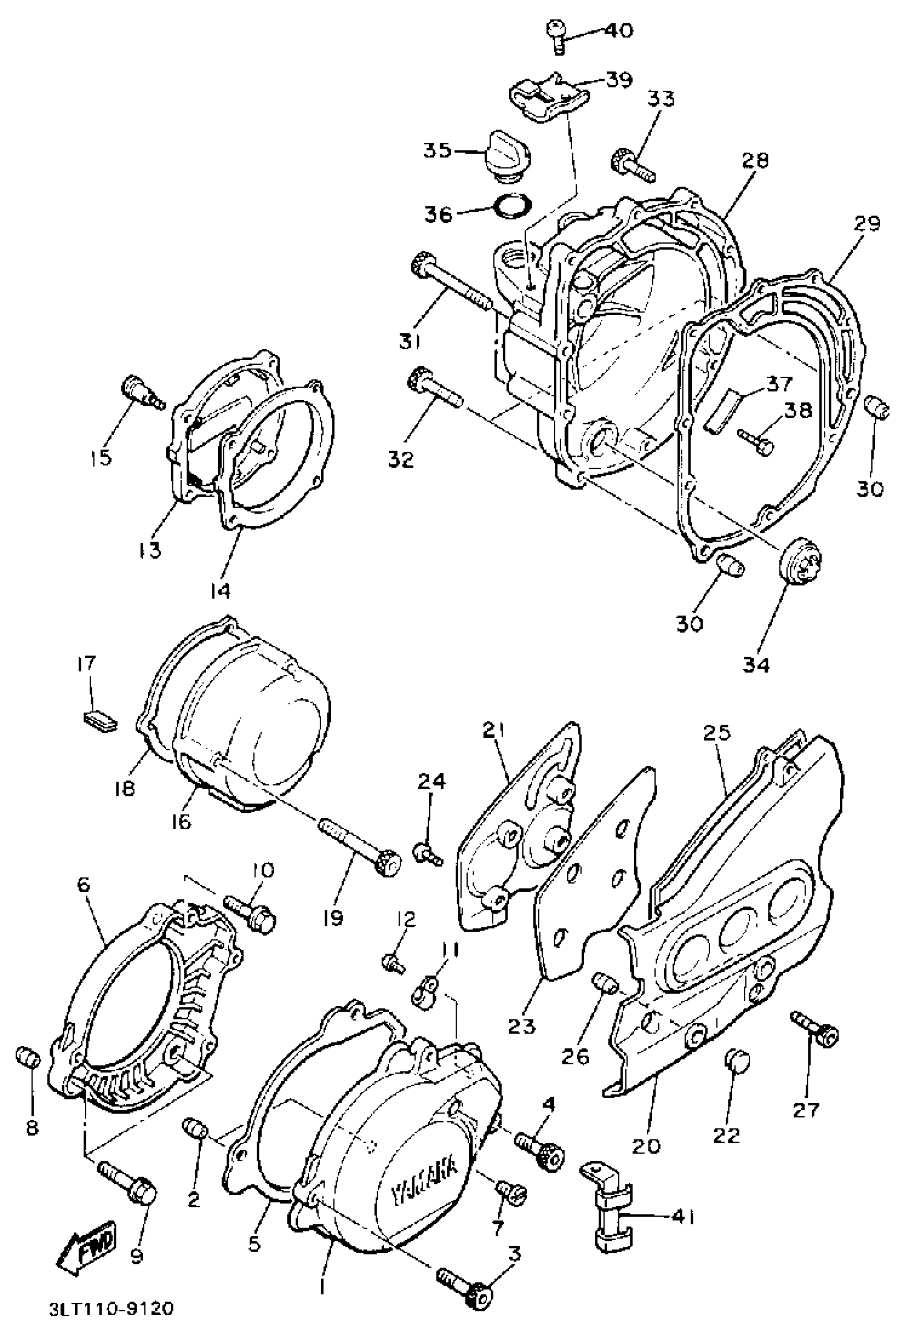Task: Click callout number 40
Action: pos(617,29)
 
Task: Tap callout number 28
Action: pos(755,160)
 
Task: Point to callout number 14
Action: pos(220,590)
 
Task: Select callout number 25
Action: pos(717,732)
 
